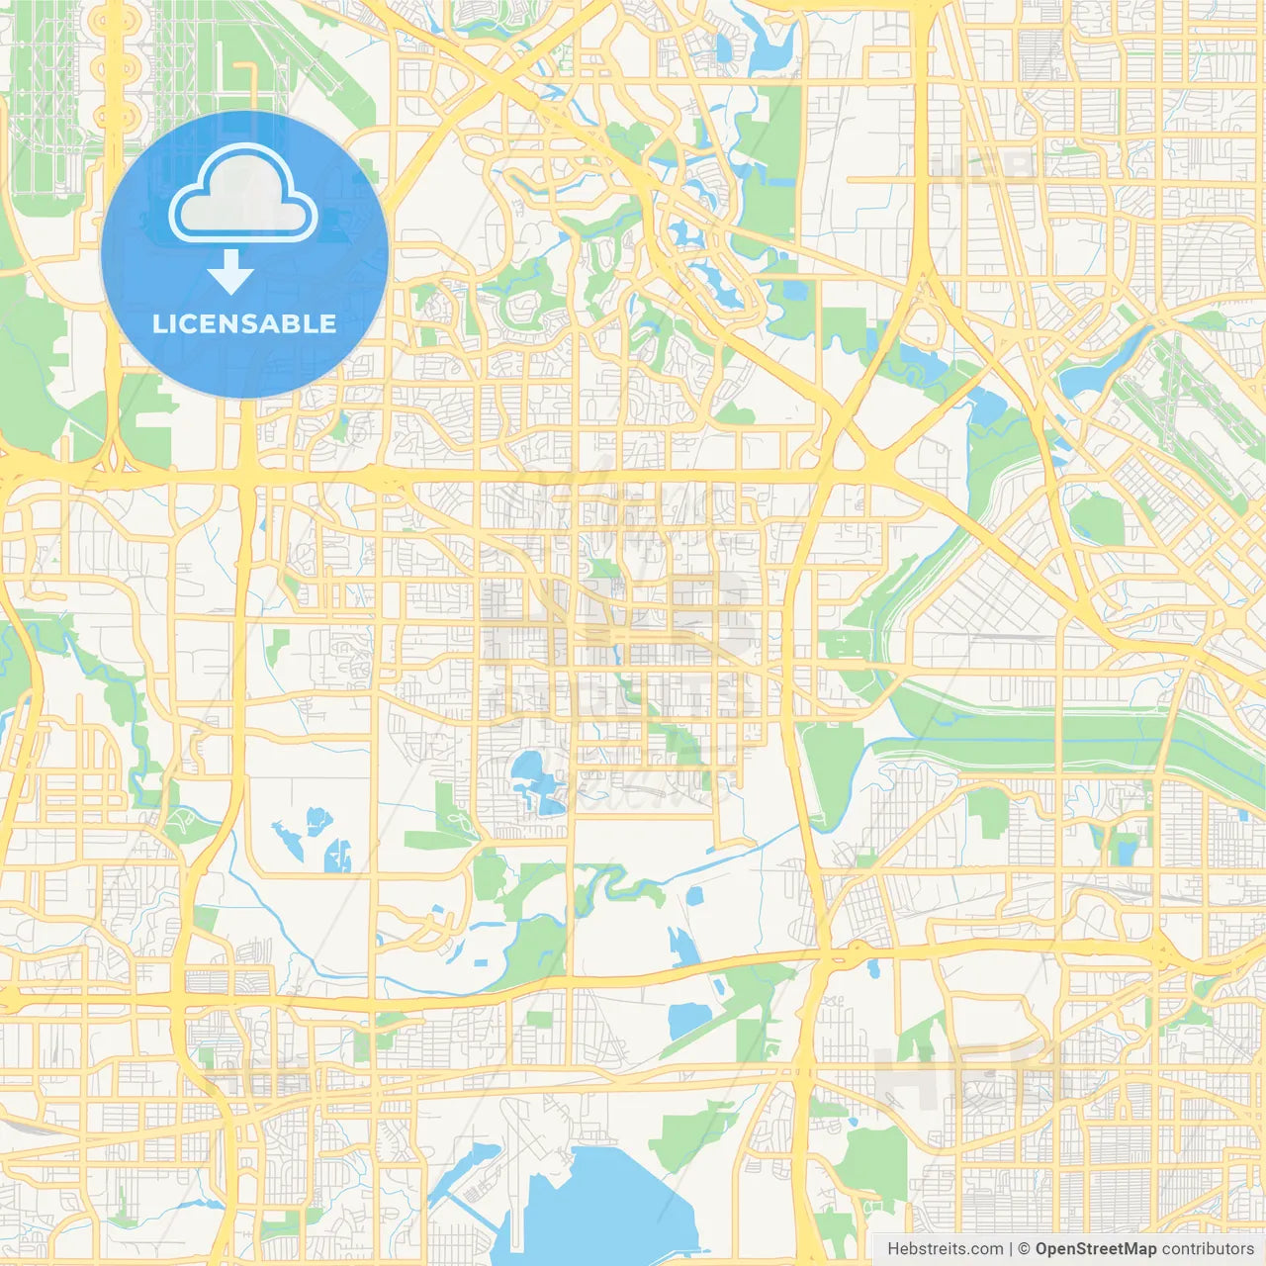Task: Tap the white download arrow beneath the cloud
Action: click(230, 271)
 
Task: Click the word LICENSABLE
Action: click(244, 323)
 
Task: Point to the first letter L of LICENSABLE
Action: click(158, 323)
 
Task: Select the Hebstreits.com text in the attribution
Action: click(945, 1249)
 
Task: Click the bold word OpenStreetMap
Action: click(1095, 1249)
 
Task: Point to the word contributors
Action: click(1208, 1249)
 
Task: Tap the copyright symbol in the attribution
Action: click(1024, 1249)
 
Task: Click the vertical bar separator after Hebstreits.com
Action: click(1011, 1249)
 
